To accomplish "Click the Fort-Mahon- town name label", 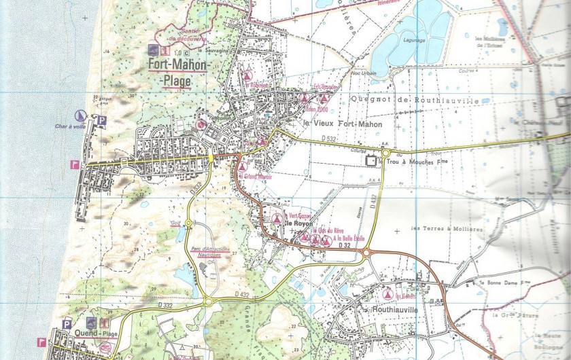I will pyautogui.click(x=180, y=65).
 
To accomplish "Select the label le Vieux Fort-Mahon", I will pyautogui.click(x=343, y=125).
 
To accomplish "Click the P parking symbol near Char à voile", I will pyautogui.click(x=101, y=120).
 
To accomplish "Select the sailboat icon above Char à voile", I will pyautogui.click(x=81, y=115).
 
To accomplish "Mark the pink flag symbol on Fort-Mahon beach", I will pyautogui.click(x=74, y=164).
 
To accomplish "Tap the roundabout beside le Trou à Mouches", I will pyautogui.click(x=385, y=154).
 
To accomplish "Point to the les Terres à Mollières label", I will pyautogui.click(x=447, y=229).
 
